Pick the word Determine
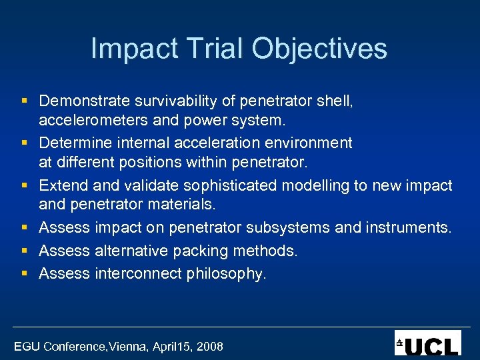(74, 143)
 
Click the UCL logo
(427, 343)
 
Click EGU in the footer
(27, 346)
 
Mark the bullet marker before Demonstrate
(23, 101)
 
